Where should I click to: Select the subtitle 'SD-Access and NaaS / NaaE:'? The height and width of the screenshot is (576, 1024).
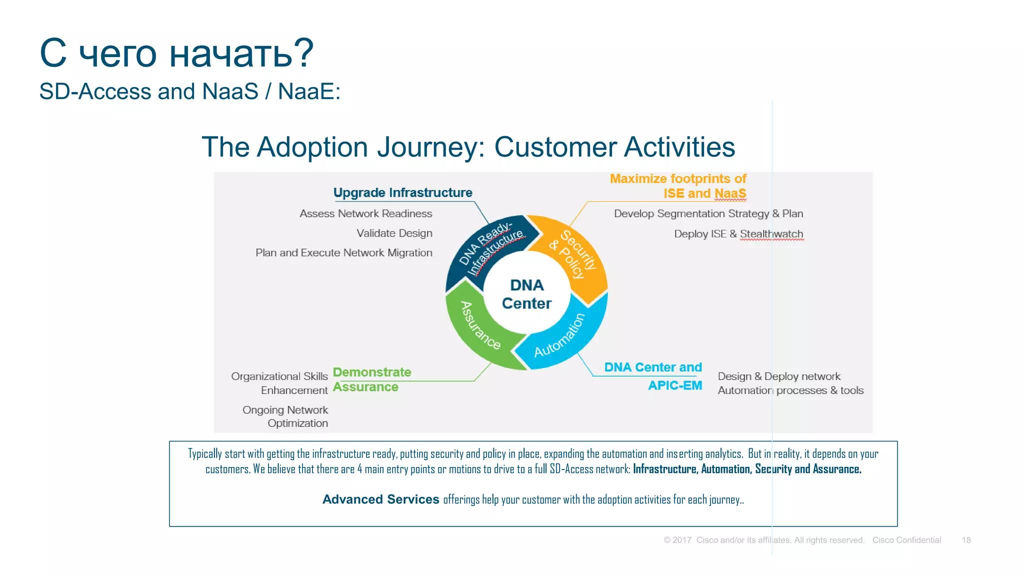point(189,91)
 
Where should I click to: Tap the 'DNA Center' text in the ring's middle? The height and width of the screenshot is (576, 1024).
point(526,294)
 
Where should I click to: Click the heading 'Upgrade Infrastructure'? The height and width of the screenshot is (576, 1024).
point(402,192)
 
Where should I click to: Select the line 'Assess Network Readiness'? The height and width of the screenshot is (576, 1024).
point(365,213)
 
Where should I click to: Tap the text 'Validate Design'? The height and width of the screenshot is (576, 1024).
point(394,233)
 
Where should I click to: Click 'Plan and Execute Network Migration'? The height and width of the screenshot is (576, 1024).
point(343,252)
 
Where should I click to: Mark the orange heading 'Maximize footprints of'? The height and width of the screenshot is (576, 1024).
point(677,178)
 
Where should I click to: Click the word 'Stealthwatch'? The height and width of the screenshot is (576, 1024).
point(771,234)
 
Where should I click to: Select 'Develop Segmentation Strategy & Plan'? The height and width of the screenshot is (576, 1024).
point(708,213)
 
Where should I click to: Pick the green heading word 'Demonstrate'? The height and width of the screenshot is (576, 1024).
point(371,372)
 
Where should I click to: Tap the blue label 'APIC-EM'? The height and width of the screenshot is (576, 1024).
point(674,385)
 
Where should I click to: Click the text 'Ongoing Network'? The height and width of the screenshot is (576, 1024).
point(285,410)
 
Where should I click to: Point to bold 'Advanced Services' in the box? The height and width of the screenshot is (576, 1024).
point(380,499)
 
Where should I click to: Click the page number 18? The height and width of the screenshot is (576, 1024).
point(966,540)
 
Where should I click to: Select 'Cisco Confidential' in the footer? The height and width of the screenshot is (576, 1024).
point(906,540)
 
